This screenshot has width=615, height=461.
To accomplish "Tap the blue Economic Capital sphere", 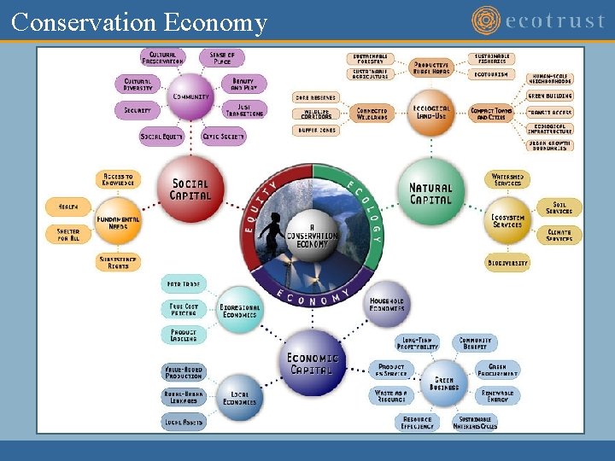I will point(313,363).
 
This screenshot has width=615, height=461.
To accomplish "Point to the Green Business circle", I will point(445,382).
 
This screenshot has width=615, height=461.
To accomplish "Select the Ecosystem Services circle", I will point(507,220).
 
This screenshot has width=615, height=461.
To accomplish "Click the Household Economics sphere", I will point(387,304).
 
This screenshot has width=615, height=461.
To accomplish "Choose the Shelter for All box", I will point(68,235).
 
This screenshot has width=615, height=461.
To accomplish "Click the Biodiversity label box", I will point(508,263).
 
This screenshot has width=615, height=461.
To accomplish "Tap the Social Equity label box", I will point(161,137).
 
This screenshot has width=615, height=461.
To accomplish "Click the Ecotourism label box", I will point(491,74).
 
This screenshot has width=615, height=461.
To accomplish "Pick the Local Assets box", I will point(184,421).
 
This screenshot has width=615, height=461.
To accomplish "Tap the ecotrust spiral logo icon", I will point(487,20).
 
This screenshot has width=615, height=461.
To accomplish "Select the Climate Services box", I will point(560,235).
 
